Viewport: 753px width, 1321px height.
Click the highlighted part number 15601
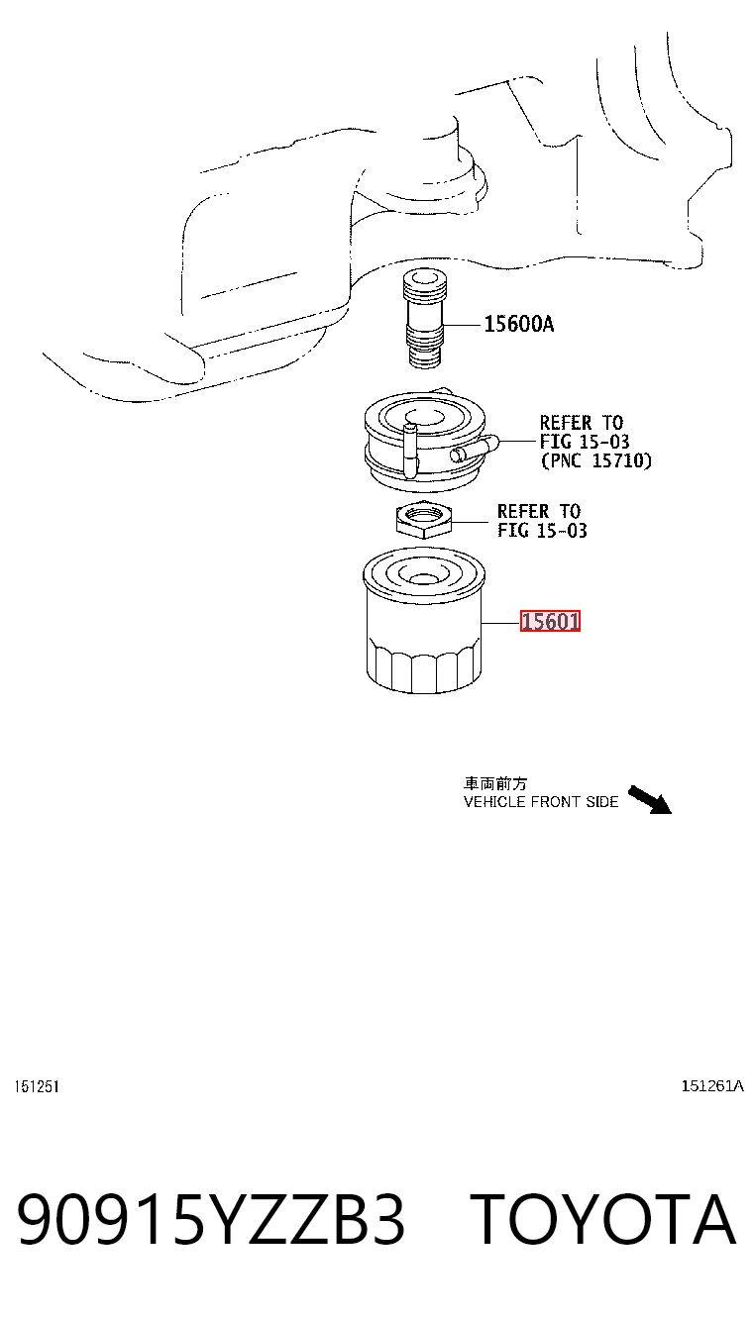pos(550,621)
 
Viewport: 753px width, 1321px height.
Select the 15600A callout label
pos(519,324)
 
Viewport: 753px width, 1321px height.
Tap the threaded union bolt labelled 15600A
pos(424,319)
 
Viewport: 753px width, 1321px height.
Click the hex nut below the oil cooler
pos(424,519)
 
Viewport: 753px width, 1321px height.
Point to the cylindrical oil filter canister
pos(424,621)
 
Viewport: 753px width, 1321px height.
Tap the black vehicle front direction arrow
pos(649,800)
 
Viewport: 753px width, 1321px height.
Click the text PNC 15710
pos(596,460)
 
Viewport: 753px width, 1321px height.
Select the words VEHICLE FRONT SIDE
pos(541,802)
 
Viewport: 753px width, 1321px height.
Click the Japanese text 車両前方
pos(494,783)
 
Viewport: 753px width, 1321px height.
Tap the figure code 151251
pos(37,1086)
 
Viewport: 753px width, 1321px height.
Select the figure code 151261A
pos(712,1085)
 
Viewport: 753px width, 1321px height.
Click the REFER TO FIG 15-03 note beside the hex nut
pos(542,521)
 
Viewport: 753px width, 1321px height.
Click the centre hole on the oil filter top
pos(422,577)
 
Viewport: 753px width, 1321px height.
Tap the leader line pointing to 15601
pos(501,622)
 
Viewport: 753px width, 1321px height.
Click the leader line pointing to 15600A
pos(464,325)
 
